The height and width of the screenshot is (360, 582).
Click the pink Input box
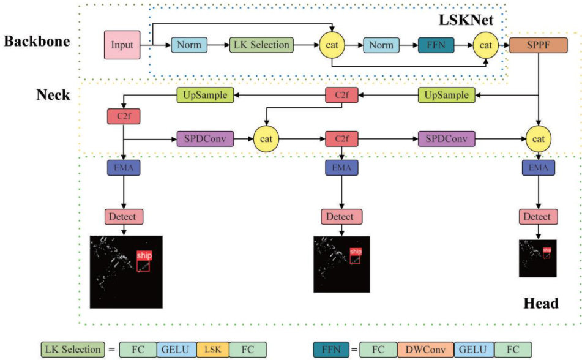pos(121,45)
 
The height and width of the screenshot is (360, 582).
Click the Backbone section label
pos(37,42)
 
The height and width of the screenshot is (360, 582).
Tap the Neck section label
pos(53,96)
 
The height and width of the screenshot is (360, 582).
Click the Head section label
pos(541,304)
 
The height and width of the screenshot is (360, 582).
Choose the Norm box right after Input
pos(189,45)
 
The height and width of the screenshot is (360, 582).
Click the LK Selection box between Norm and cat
pos(261,45)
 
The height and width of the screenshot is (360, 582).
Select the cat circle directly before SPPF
pos(485,45)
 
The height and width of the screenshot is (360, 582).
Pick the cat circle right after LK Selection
pos(332,45)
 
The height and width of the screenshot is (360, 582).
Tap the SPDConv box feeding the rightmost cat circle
pos(447,138)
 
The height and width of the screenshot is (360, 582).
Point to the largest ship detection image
pos(125,271)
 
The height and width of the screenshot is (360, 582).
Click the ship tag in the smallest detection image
pos(547,250)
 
